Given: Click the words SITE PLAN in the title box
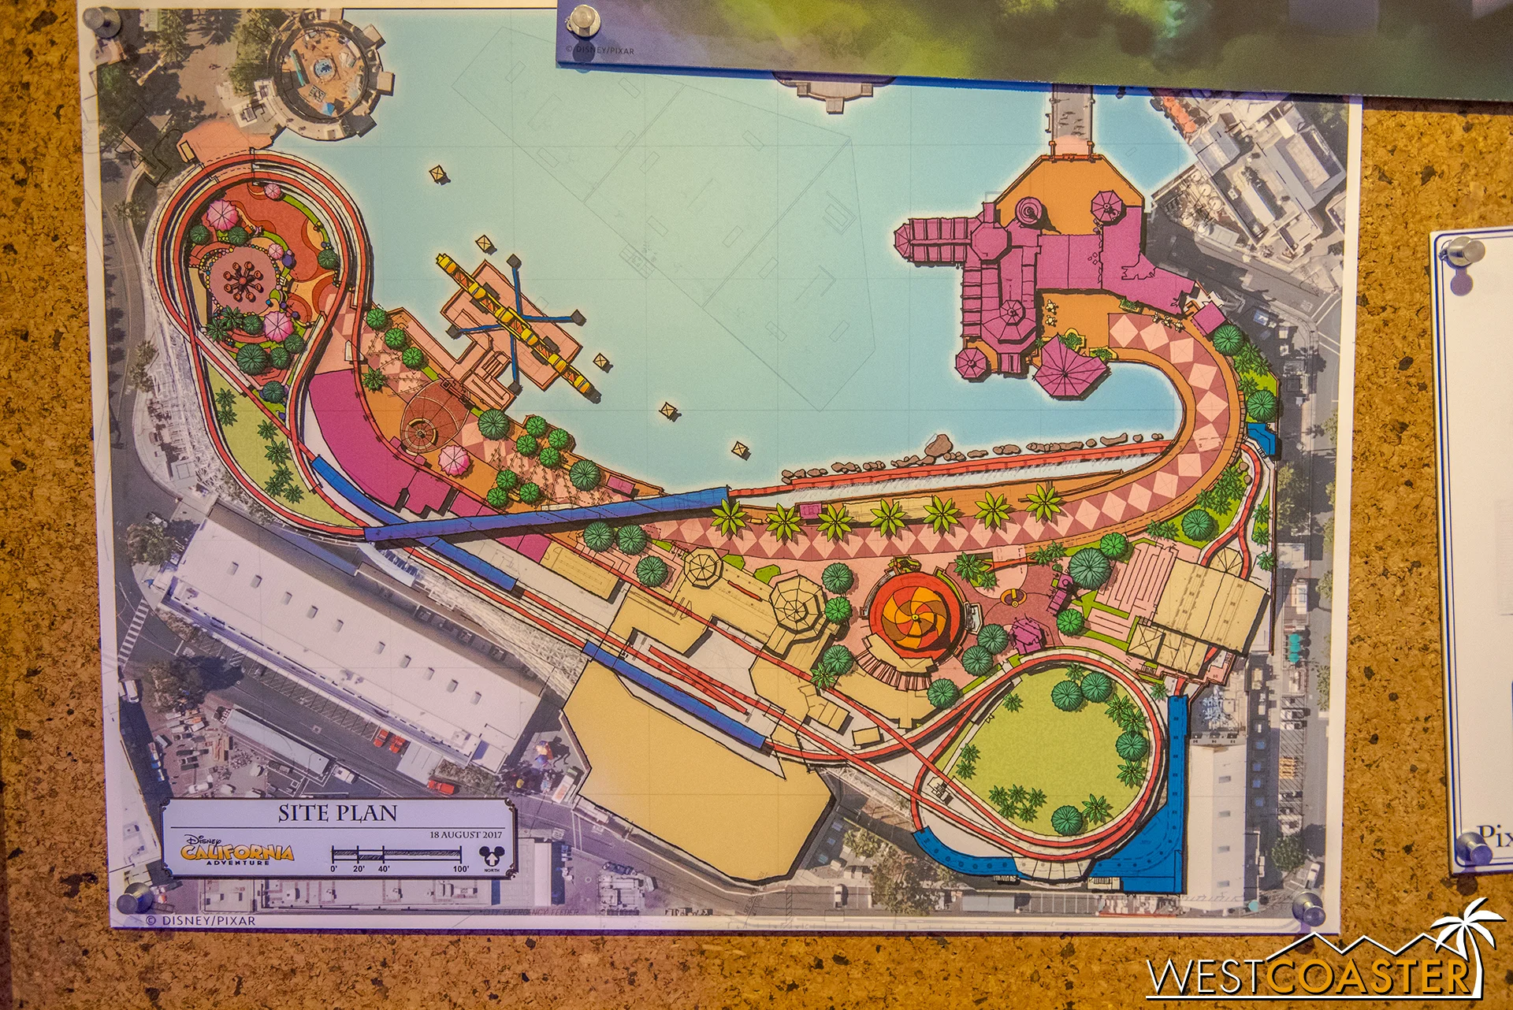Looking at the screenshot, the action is [337, 813].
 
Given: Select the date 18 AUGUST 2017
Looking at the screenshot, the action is [466, 834].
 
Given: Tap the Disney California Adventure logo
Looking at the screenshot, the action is [237, 851].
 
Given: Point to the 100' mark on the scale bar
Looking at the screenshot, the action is [461, 868].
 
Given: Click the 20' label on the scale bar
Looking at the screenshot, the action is [359, 868].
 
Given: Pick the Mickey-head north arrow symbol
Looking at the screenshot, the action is [491, 857].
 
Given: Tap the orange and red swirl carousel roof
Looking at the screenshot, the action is [916, 614].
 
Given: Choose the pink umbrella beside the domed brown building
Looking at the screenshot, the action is [453, 460].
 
